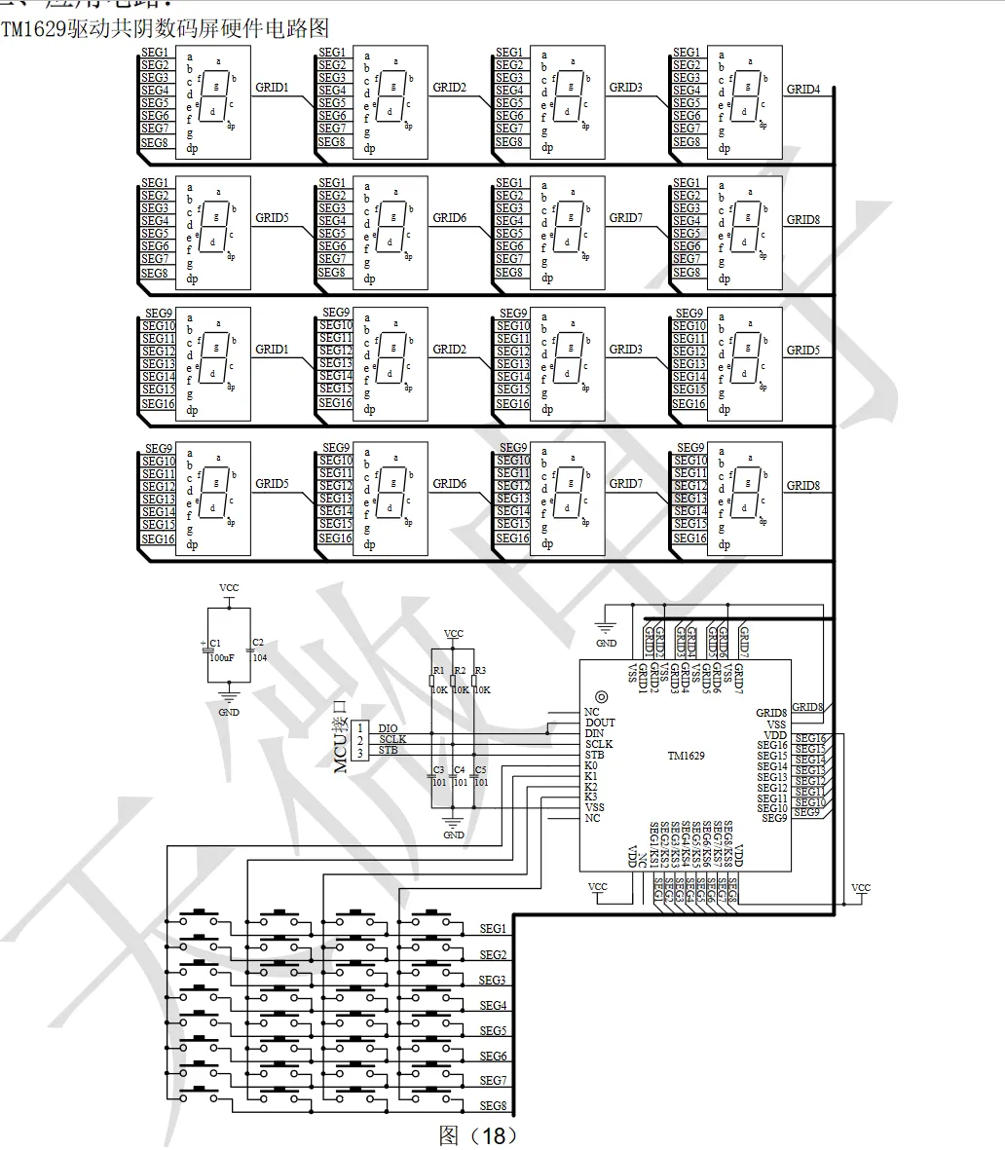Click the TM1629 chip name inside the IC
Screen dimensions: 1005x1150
[x=687, y=756]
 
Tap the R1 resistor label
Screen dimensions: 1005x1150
[x=438, y=671]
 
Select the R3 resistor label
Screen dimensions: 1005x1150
[x=480, y=671]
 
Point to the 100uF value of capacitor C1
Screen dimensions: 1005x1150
[x=221, y=658]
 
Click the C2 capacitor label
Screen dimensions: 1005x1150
[x=258, y=643]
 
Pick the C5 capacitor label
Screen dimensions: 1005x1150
[x=480, y=770]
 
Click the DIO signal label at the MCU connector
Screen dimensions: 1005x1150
[x=388, y=728]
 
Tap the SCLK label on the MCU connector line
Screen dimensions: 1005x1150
[x=392, y=739]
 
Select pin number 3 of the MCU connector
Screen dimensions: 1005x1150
[x=359, y=753]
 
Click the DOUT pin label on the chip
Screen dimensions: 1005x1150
[x=600, y=723]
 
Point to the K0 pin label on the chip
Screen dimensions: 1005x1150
[x=591, y=765]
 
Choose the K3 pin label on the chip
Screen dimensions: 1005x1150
[x=591, y=797]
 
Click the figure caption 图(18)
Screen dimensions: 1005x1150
[x=478, y=1135]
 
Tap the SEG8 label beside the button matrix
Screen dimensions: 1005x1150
[x=493, y=1106]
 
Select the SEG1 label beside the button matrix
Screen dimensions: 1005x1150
[x=493, y=929]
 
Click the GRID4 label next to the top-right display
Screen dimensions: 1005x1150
[x=803, y=90]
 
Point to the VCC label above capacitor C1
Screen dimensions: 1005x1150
[x=229, y=588]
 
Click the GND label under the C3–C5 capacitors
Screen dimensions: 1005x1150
[x=454, y=835]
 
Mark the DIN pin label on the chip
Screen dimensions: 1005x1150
[x=594, y=733]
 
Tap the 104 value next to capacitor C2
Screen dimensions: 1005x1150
[x=260, y=658]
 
